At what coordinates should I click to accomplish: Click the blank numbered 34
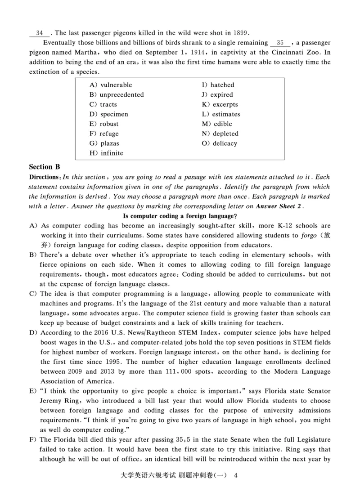(39, 33)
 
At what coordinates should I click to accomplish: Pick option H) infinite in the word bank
(106, 153)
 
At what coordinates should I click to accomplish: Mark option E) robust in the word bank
(104, 124)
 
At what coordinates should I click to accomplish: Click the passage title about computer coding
(180, 216)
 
